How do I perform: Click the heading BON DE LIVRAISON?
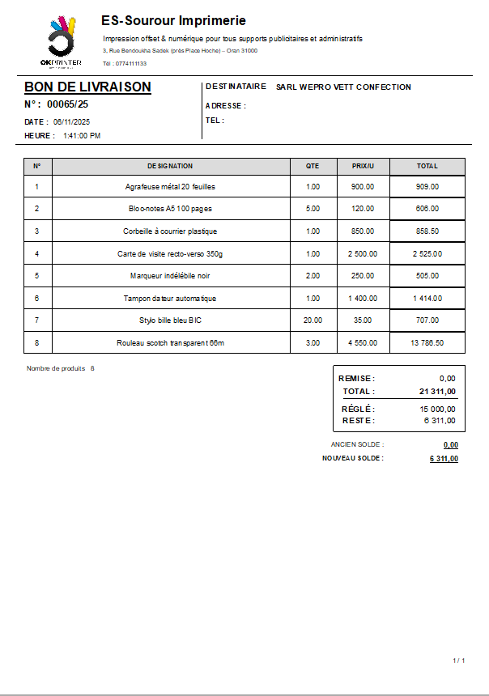pyautogui.click(x=87, y=87)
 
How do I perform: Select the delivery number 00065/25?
pyautogui.click(x=68, y=104)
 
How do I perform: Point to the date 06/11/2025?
pyautogui.click(x=71, y=122)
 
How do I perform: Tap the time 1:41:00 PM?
pyautogui.click(x=82, y=136)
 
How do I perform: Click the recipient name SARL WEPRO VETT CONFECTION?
pyautogui.click(x=343, y=87)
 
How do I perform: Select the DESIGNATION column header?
pyautogui.click(x=170, y=166)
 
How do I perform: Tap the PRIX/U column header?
pyautogui.click(x=363, y=166)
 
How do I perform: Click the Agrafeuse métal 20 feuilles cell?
pyautogui.click(x=170, y=186)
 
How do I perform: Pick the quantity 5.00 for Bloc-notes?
pyautogui.click(x=313, y=209)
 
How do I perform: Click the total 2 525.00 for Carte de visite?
pyautogui.click(x=427, y=254)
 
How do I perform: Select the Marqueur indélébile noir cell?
pyautogui.click(x=170, y=276)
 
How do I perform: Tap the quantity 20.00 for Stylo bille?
pyautogui.click(x=313, y=320)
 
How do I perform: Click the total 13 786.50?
pyautogui.click(x=427, y=343)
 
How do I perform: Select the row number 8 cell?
pyautogui.click(x=37, y=343)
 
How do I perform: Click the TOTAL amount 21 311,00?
pyautogui.click(x=438, y=392)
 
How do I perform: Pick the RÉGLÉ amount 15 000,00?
pyautogui.click(x=438, y=410)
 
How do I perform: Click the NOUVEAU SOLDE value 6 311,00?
pyautogui.click(x=444, y=459)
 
